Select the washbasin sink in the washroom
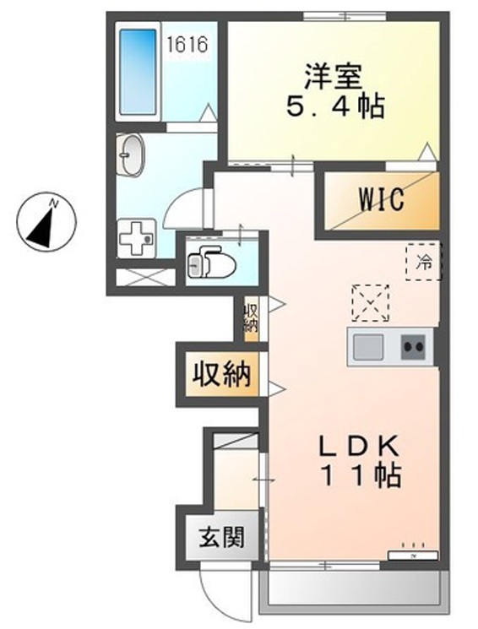point(133,155)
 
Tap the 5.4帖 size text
point(334,107)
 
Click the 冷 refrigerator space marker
point(424,261)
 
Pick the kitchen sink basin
point(368,346)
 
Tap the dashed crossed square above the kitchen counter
point(368,301)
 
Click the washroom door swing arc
point(187,207)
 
